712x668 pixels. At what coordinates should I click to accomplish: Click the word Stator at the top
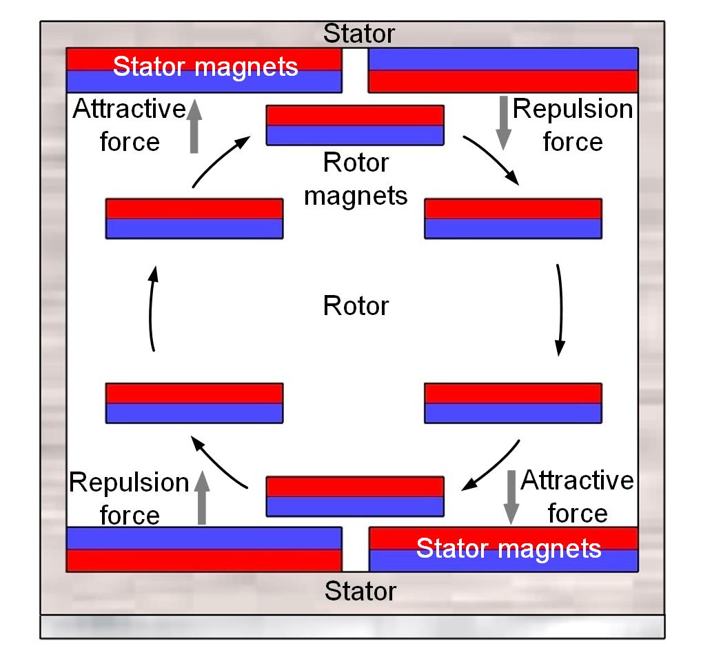(359, 33)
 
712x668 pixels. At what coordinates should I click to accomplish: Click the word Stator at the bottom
(360, 591)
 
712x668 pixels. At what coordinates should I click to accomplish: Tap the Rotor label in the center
(356, 305)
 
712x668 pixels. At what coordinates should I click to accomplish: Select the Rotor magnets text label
(356, 179)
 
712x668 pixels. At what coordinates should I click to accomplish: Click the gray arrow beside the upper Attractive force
(194, 125)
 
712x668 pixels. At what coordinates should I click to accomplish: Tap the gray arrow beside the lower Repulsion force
(201, 498)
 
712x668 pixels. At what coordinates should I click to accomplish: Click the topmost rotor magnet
(355, 125)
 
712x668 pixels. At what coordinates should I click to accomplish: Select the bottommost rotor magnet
(355, 496)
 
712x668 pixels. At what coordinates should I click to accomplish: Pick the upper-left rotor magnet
(194, 219)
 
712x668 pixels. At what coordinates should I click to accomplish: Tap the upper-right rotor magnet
(513, 219)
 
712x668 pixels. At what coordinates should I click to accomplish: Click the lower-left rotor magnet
(194, 403)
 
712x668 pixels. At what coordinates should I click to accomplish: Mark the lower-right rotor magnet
(513, 403)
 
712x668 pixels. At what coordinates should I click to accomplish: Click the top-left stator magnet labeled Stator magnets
(204, 70)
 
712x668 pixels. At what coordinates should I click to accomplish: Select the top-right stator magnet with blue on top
(503, 70)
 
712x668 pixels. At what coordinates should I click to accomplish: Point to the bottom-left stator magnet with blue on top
(204, 549)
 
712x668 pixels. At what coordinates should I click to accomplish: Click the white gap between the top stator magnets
(356, 71)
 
